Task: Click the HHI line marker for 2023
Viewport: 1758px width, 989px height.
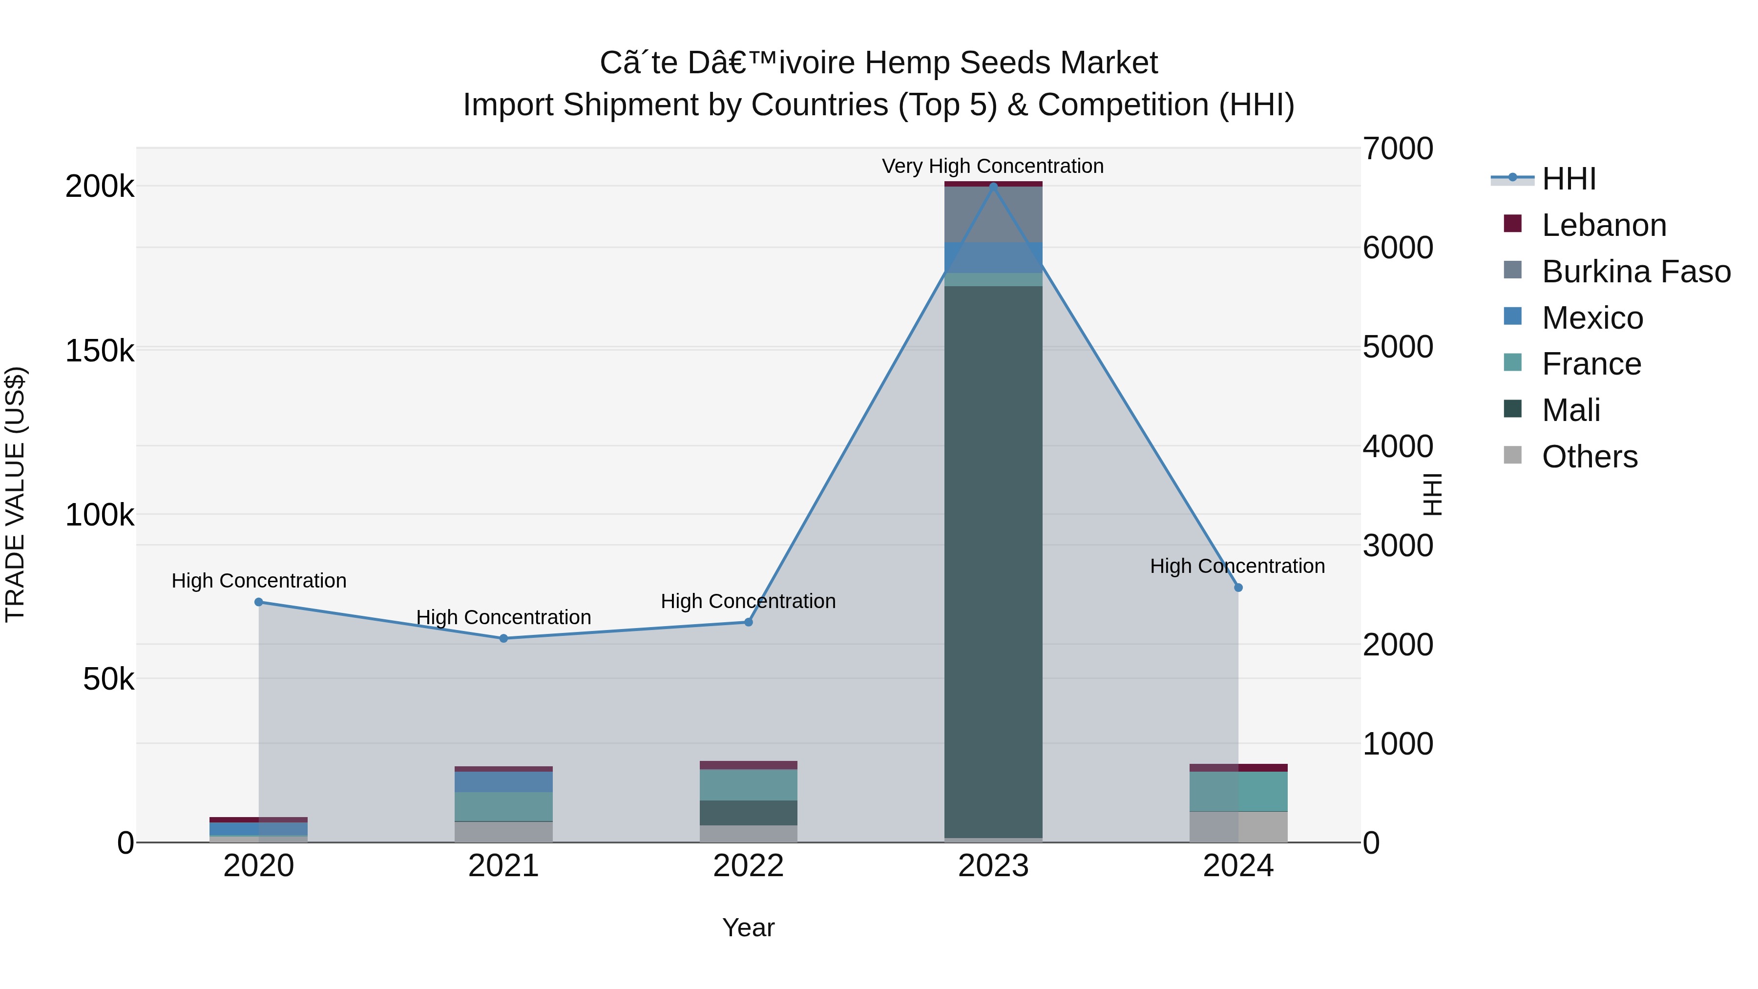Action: click(993, 186)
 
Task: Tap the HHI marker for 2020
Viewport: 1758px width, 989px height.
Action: click(259, 602)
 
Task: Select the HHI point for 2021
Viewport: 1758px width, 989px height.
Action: click(503, 638)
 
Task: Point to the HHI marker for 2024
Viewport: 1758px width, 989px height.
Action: click(1238, 588)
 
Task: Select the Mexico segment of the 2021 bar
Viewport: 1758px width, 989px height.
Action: click(503, 781)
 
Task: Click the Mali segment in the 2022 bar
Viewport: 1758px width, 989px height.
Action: click(748, 812)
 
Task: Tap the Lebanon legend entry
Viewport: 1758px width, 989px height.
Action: click(1603, 225)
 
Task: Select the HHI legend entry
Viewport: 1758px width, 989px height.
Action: click(1568, 179)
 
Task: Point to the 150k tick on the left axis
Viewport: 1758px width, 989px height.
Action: click(100, 351)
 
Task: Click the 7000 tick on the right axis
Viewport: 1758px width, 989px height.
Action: click(1398, 149)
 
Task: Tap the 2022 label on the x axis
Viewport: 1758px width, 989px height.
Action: click(748, 866)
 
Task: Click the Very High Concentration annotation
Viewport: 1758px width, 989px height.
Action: click(992, 166)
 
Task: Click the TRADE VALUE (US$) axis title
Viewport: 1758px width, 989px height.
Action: click(15, 494)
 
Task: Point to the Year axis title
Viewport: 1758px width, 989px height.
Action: click(748, 927)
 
